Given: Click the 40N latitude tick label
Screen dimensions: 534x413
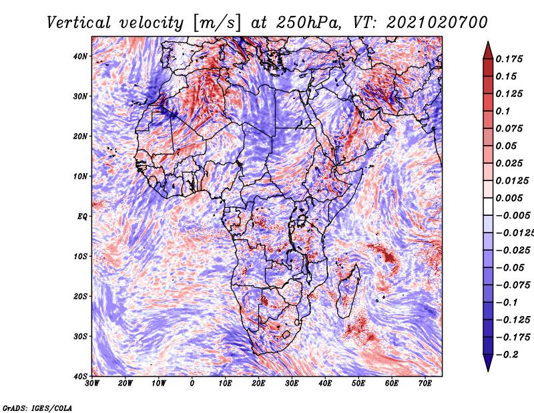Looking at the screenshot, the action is (x=80, y=56).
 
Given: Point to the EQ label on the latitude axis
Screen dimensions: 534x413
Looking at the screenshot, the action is (x=82, y=217).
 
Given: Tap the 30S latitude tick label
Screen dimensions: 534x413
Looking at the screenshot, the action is (x=80, y=337).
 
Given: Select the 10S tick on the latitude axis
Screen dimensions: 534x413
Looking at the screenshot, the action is (x=80, y=257).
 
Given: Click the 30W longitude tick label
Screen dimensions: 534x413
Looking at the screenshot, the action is (x=92, y=384).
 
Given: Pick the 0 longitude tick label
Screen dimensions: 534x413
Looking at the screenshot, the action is (x=192, y=384).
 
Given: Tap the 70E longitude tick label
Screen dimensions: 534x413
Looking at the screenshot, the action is (x=425, y=384).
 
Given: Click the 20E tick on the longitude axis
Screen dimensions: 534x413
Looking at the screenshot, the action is (x=258, y=384).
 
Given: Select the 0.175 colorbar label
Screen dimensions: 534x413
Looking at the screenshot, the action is (x=509, y=59).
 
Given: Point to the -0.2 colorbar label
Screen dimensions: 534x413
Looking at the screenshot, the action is (x=507, y=355).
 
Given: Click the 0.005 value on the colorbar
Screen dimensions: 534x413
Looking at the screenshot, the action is (x=509, y=198).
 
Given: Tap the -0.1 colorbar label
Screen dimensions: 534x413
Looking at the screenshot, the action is (x=507, y=303).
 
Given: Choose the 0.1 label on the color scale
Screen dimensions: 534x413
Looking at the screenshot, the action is (x=503, y=111).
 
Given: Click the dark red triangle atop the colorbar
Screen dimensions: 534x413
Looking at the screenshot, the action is (x=488, y=51).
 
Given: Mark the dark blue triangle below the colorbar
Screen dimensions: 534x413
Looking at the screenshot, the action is (x=488, y=363).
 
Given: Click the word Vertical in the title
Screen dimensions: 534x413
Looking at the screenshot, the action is (x=79, y=23).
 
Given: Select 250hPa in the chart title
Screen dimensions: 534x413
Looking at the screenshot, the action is (x=308, y=23).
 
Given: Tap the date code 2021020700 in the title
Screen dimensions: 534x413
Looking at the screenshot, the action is (x=437, y=23).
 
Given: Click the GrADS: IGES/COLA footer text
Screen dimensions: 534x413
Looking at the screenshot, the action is (x=37, y=408).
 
